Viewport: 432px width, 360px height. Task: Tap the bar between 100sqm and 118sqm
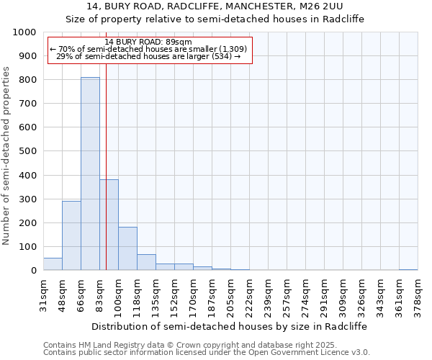127,248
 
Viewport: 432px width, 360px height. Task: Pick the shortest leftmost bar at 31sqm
53,264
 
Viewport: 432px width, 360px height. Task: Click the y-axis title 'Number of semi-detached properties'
7,156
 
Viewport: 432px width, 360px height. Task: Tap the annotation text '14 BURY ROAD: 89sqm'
148,42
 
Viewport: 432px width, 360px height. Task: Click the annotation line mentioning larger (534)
148,57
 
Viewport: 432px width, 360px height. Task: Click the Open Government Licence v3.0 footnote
207,353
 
